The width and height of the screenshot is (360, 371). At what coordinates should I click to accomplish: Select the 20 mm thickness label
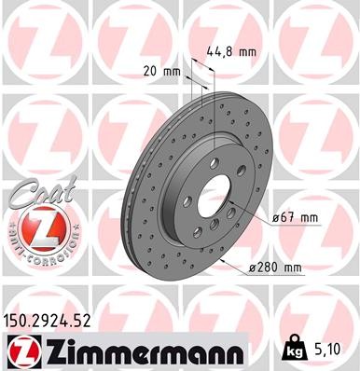[163, 72]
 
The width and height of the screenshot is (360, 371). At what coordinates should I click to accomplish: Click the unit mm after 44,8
[246, 52]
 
